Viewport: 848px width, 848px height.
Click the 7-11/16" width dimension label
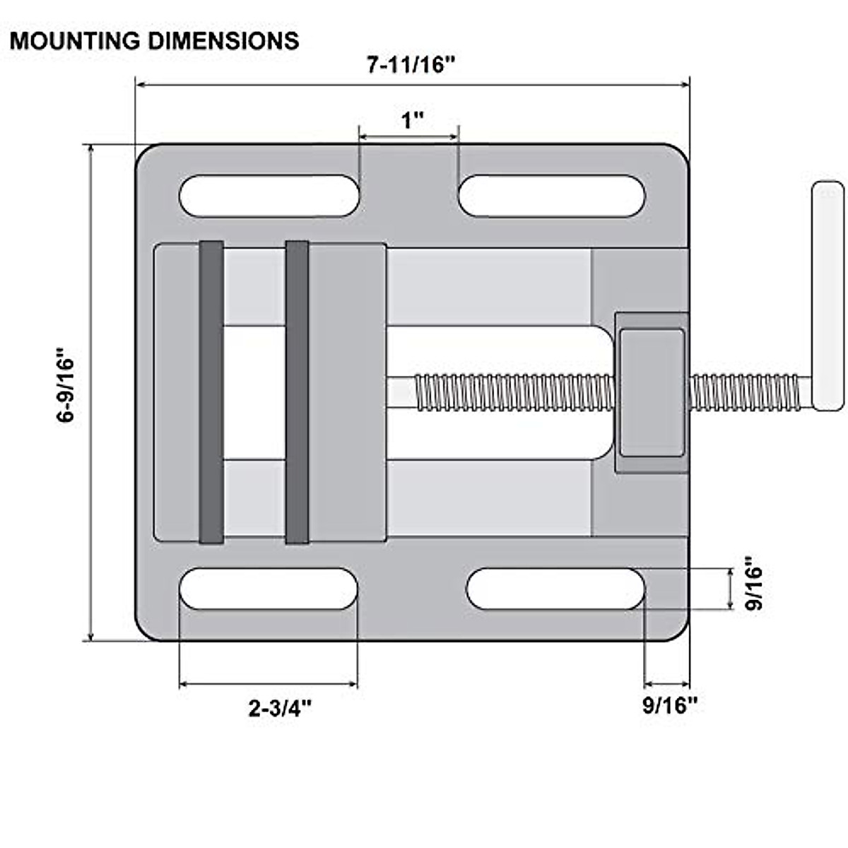point(411,65)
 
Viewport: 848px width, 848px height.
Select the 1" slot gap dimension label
point(412,120)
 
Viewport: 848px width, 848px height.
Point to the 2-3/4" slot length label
point(280,707)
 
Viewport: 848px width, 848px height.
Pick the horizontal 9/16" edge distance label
point(669,705)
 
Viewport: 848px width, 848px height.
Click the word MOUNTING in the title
point(75,41)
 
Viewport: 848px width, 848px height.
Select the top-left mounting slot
point(269,196)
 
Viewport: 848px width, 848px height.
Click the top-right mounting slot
point(551,196)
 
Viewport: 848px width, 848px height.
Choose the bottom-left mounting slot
point(269,589)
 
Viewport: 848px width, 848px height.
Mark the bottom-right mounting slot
point(555,589)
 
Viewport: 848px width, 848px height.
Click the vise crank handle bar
point(828,295)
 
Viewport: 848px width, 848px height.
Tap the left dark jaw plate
point(211,392)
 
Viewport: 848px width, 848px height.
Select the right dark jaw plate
point(297,392)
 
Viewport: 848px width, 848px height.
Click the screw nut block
point(652,392)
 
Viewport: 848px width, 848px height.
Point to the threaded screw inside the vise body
point(512,392)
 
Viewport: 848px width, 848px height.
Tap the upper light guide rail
point(488,286)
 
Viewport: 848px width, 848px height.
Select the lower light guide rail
point(488,498)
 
